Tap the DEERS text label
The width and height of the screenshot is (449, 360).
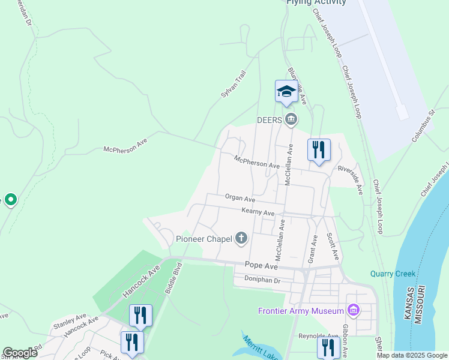(x=270, y=119)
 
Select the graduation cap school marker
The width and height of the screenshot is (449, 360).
(x=286, y=92)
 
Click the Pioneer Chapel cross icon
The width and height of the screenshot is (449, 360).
(x=241, y=239)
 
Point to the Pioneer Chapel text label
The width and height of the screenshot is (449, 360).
(x=203, y=239)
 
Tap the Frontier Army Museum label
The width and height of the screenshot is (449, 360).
(x=301, y=311)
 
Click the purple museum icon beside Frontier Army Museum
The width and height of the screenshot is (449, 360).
(x=354, y=310)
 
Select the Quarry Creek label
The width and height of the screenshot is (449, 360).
(x=393, y=274)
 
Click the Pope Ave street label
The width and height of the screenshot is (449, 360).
(x=261, y=265)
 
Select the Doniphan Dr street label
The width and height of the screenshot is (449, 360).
(x=262, y=280)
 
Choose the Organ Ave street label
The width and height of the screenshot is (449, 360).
(x=240, y=198)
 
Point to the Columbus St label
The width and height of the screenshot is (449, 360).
(x=423, y=126)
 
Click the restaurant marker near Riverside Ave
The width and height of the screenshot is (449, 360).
(x=319, y=150)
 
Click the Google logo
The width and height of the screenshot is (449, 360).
(x=20, y=353)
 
